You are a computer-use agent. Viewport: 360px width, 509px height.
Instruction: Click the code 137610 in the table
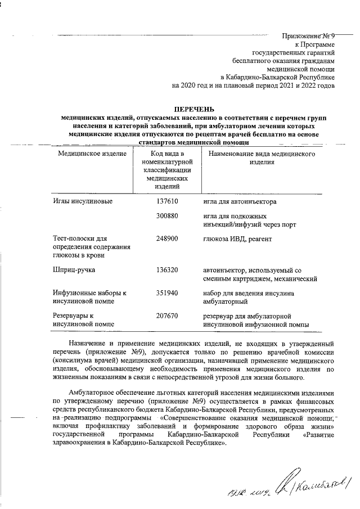click(167, 201)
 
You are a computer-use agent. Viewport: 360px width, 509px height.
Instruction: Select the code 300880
click(167, 216)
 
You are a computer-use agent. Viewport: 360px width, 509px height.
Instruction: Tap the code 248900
click(167, 238)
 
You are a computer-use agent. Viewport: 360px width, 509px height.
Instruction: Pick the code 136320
click(167, 270)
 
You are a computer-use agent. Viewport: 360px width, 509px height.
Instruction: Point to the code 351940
click(167, 293)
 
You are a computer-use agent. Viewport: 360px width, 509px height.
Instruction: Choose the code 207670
click(167, 316)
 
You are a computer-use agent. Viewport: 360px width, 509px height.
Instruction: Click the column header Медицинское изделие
click(89, 154)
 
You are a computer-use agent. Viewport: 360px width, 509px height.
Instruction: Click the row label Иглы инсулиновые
click(83, 201)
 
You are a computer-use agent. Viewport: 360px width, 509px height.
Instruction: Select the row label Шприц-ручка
click(74, 270)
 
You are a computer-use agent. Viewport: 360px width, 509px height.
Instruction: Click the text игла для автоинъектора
click(240, 202)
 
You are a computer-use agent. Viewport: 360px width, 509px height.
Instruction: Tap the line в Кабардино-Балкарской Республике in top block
click(277, 76)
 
